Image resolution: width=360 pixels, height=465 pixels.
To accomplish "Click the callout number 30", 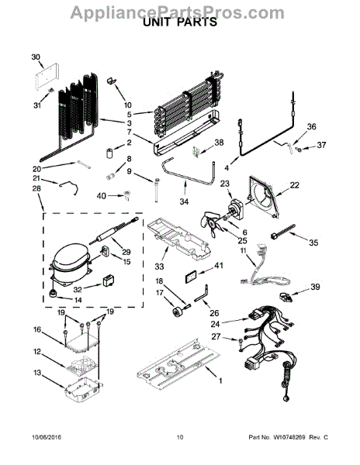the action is (36, 57).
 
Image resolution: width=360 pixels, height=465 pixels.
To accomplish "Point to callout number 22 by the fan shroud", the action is (294, 185).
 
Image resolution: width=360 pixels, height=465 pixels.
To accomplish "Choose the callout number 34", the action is (184, 201).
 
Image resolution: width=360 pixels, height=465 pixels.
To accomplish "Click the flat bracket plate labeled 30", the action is (47, 77).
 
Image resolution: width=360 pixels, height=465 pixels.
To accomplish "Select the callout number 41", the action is (219, 265).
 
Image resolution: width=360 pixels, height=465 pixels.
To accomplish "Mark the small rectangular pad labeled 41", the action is (191, 277).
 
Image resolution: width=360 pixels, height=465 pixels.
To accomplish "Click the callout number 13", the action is (37, 373).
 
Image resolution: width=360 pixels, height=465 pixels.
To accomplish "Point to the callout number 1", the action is (220, 381).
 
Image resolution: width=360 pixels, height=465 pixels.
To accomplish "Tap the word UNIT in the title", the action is (159, 22).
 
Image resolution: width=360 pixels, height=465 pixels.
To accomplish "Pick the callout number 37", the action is (321, 145).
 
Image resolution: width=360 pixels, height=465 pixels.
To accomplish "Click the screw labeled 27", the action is (240, 344).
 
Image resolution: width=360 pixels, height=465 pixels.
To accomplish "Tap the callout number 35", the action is (313, 243).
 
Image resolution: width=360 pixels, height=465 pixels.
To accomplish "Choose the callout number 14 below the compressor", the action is (78, 300).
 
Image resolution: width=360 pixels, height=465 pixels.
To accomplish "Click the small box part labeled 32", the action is (109, 281).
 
